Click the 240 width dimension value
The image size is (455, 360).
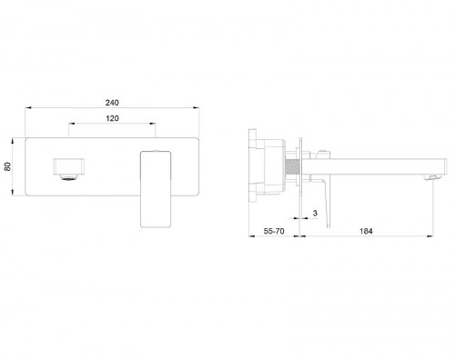pyautogui.click(x=112, y=103)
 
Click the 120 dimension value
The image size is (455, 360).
pyautogui.click(x=112, y=118)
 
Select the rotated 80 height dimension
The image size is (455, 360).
pyautogui.click(x=7, y=166)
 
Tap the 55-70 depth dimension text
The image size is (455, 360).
pyautogui.click(x=274, y=231)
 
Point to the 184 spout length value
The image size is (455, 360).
pyautogui.click(x=366, y=231)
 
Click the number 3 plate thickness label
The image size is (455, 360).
pyautogui.click(x=315, y=213)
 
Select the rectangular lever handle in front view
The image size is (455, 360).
pyautogui.click(x=156, y=189)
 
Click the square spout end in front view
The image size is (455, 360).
pyautogui.click(x=69, y=166)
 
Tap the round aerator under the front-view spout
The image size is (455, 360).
pyautogui.click(x=69, y=177)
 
